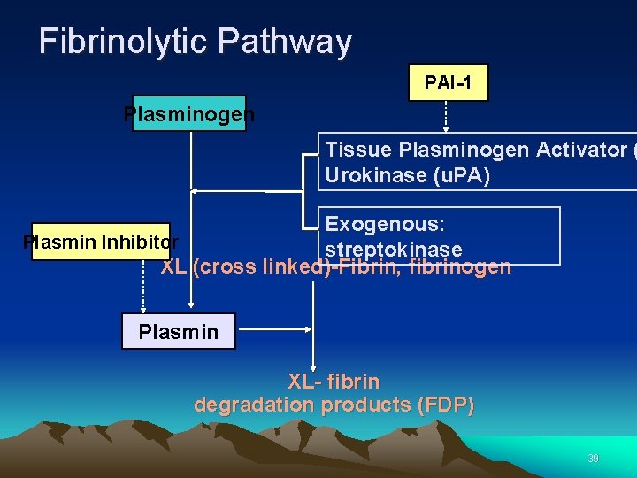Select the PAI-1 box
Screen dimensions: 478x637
click(448, 83)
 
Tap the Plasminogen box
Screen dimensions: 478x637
click(188, 114)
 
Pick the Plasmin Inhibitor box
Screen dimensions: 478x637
click(100, 241)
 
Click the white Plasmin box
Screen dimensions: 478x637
click(178, 332)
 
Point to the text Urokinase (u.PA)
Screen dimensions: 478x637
click(407, 175)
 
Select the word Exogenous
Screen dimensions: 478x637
click(385, 224)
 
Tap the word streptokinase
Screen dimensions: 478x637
click(393, 249)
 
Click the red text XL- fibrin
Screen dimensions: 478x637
click(334, 382)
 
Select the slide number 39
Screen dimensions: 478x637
click(593, 459)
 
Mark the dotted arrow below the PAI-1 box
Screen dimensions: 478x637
click(445, 115)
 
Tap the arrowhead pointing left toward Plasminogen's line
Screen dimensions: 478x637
click(196, 190)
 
